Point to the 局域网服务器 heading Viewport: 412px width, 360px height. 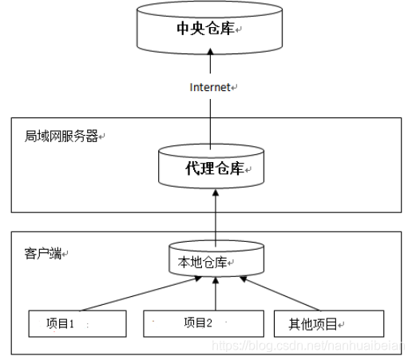pos(61,136)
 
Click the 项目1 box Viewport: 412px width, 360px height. pos(77,323)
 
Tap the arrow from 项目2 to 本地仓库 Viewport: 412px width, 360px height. pos(214,294)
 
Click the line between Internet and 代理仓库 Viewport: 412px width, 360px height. pos(211,120)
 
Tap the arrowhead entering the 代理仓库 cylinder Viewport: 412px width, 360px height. pos(214,195)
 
